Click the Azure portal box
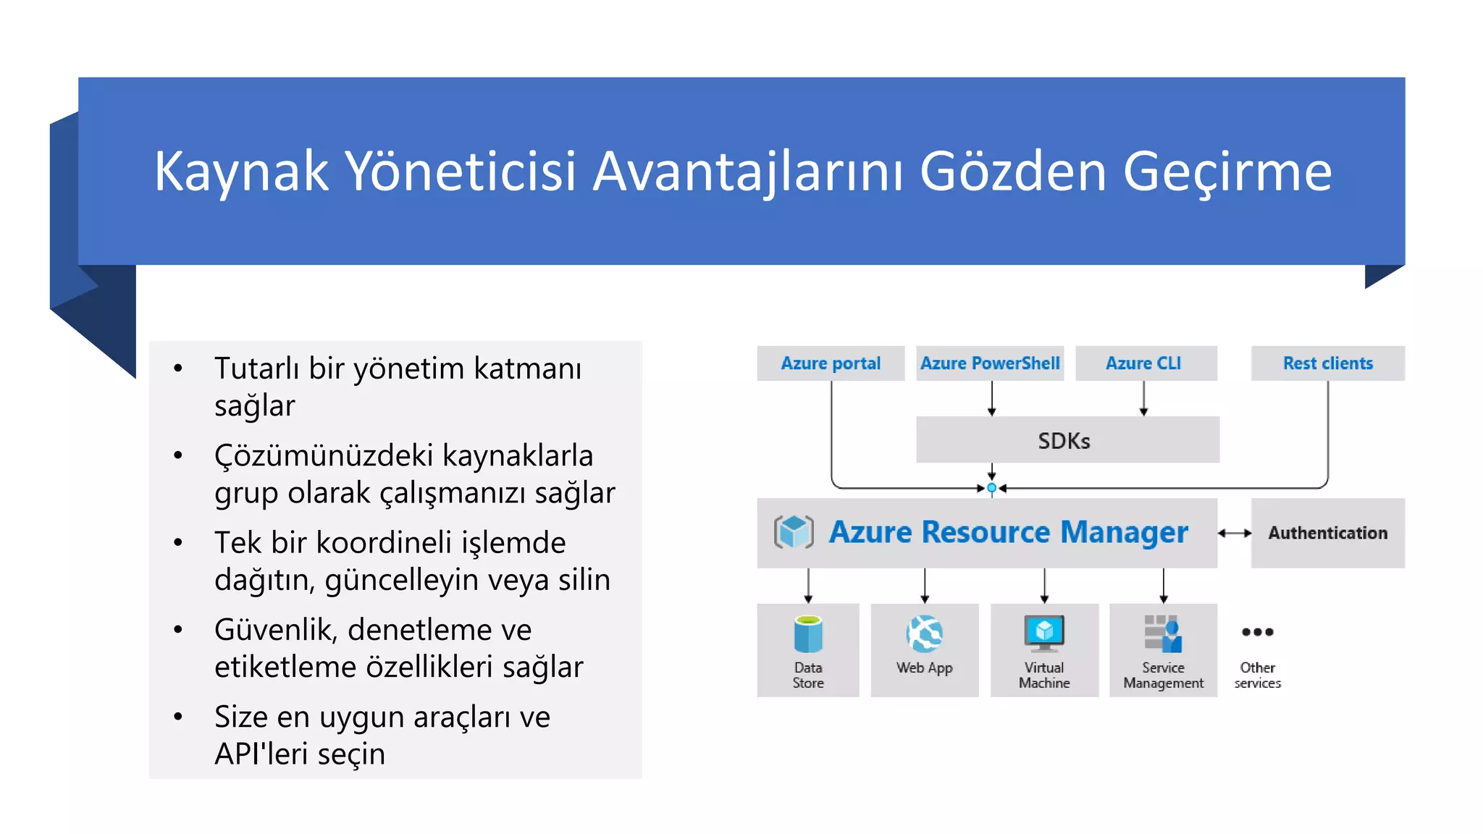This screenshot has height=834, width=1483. (x=831, y=363)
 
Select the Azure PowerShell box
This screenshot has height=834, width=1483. (x=990, y=363)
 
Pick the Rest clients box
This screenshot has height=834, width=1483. (x=1327, y=363)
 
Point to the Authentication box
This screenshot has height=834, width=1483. (x=1327, y=533)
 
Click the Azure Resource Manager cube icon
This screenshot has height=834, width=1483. (x=794, y=532)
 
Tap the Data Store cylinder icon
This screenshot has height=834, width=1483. (x=808, y=634)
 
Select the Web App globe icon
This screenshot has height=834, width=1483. (x=925, y=634)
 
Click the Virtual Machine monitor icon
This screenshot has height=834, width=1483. (x=1044, y=633)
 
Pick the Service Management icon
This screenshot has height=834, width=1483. (x=1163, y=633)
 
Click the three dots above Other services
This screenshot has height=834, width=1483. (x=1257, y=632)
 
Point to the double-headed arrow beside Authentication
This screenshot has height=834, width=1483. (x=1235, y=533)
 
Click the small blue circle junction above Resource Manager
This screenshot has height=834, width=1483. (x=992, y=488)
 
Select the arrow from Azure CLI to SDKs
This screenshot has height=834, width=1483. (x=1143, y=398)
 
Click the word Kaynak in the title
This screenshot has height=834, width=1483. (x=241, y=172)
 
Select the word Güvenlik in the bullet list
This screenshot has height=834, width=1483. (x=276, y=630)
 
